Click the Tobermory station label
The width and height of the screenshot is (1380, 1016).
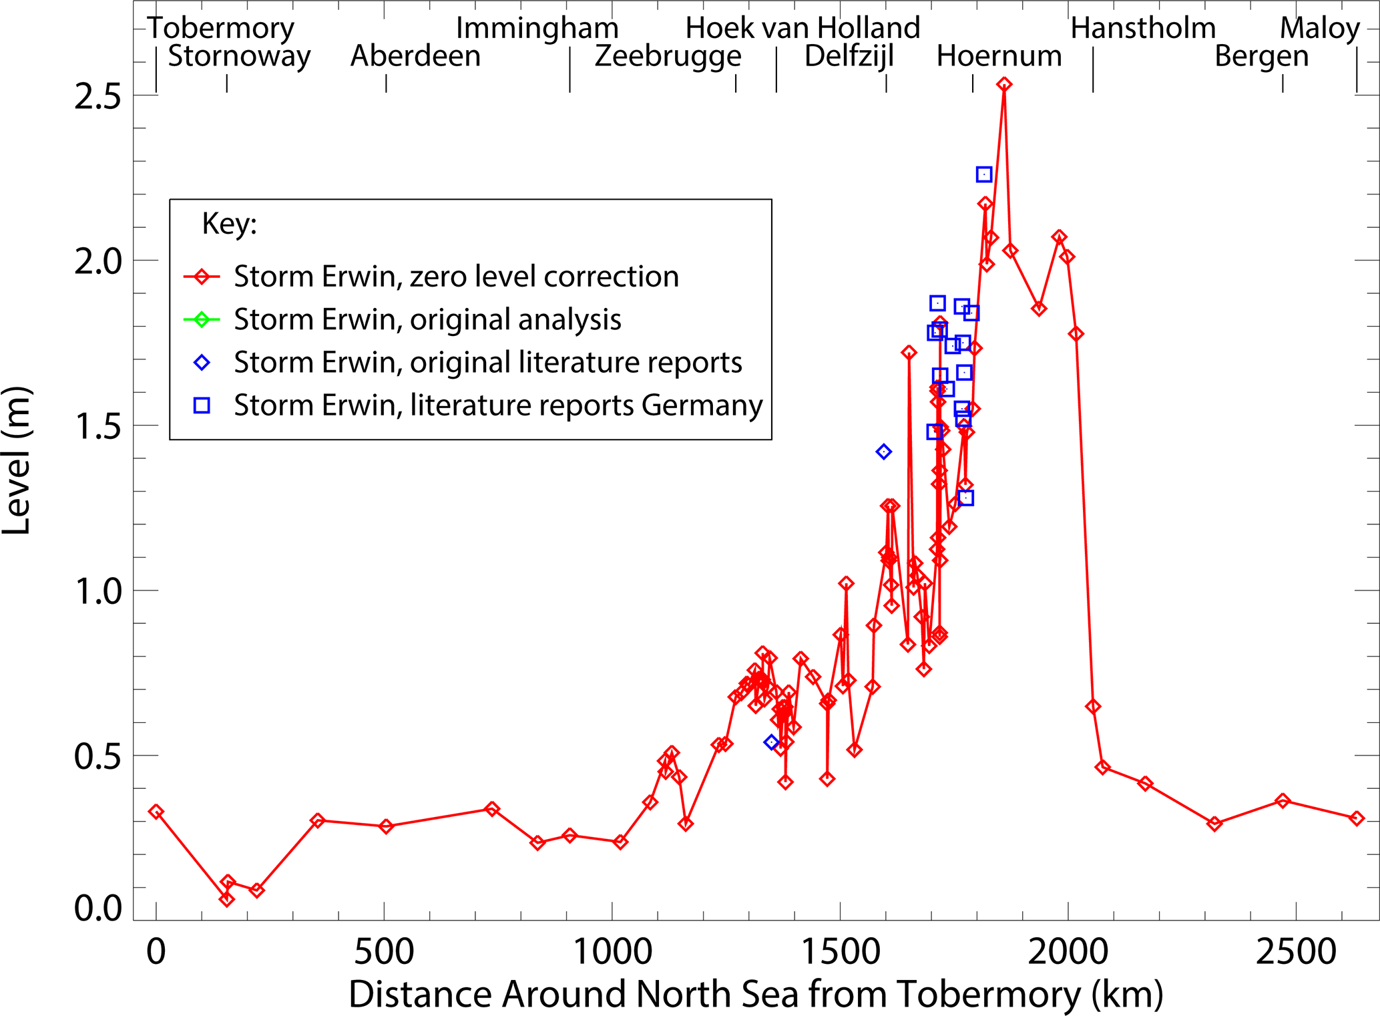click(x=221, y=28)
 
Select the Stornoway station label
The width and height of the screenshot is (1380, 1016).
click(x=239, y=56)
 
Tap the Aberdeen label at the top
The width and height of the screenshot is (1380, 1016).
click(x=415, y=56)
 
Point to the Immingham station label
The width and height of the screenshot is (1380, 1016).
click(x=537, y=28)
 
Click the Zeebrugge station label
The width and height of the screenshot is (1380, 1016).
click(x=668, y=56)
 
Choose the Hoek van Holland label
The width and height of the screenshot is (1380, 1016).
click(x=802, y=28)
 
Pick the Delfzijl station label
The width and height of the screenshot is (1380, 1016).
click(x=849, y=56)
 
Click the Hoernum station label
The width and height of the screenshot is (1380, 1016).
click(x=999, y=56)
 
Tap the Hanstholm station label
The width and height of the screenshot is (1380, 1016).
click(x=1143, y=28)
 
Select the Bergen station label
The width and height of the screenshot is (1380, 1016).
click(x=1261, y=56)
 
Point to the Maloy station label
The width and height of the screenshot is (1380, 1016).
click(x=1319, y=28)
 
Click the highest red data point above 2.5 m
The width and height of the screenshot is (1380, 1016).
click(x=1004, y=84)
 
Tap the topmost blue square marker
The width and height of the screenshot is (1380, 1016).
click(x=983, y=174)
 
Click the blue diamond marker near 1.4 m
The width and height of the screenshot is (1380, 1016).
click(x=883, y=452)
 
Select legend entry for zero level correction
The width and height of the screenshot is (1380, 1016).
click(x=456, y=277)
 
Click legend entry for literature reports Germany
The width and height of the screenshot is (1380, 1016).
click(x=497, y=405)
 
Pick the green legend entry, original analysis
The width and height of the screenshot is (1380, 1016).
click(x=427, y=319)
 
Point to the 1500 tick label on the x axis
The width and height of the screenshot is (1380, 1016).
click(x=840, y=951)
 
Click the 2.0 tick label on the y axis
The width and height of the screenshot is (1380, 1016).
click(x=97, y=261)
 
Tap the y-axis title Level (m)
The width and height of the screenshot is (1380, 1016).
click(x=17, y=460)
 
